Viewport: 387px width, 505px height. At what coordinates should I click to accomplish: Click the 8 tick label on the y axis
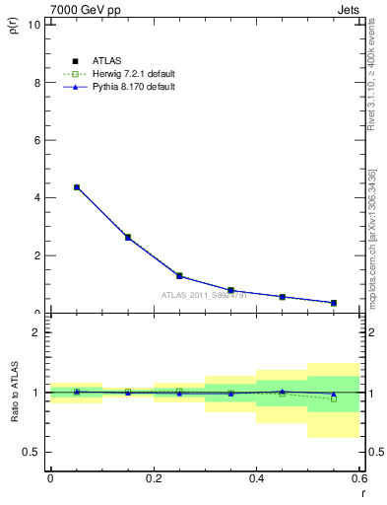coord(36,83)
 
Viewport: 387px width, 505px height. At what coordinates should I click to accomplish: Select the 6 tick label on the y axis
coord(36,140)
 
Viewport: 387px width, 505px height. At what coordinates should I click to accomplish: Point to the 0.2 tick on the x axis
coord(154,478)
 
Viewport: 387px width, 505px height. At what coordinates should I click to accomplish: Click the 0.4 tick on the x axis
coord(257,478)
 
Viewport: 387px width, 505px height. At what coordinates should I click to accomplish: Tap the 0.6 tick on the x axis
coord(358,478)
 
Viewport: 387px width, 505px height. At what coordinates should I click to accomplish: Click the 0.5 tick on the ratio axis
coord(32,452)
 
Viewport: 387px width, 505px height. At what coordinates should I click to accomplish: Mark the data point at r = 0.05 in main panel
coord(77,187)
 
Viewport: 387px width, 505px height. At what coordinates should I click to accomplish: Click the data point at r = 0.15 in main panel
coord(128,237)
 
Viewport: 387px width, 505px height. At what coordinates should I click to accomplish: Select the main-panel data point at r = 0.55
coord(334,303)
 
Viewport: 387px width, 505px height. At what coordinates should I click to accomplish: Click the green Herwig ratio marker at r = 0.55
coord(334,398)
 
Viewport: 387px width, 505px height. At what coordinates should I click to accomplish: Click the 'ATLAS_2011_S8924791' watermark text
coord(203,294)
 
